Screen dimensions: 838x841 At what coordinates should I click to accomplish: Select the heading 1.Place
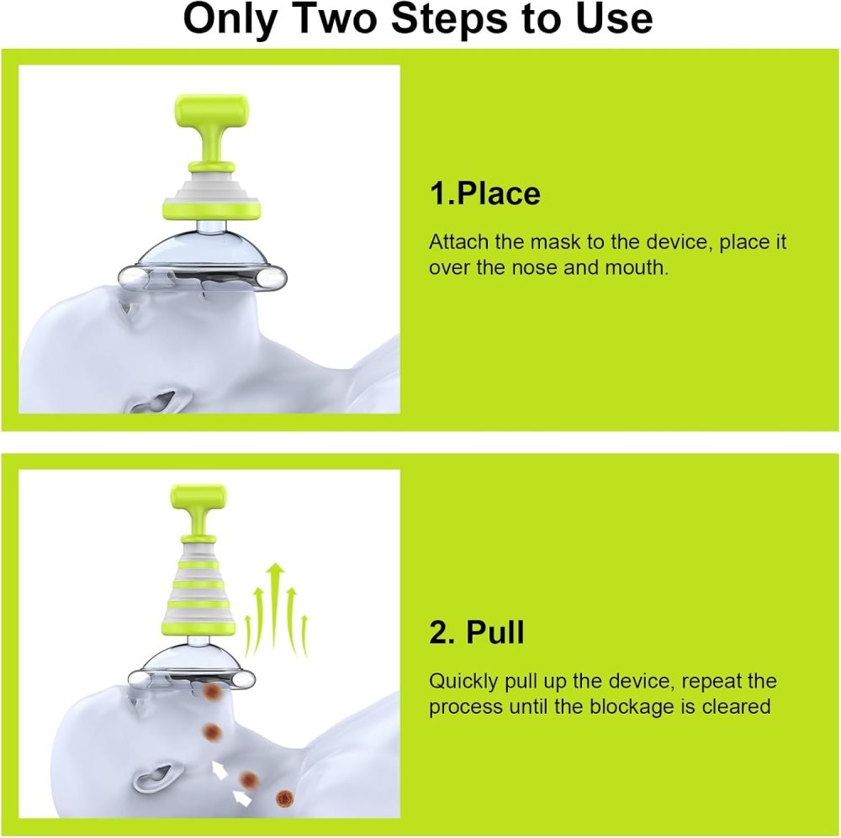[484, 194]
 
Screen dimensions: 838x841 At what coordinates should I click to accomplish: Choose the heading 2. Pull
[476, 633]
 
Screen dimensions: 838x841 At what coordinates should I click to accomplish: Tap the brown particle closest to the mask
[211, 692]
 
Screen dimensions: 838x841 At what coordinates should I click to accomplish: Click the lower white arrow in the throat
[241, 798]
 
